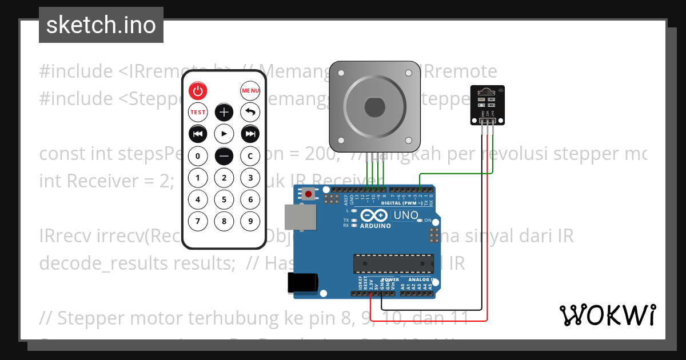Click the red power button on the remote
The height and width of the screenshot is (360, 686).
tap(198, 90)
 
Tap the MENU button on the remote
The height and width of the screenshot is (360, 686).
tap(250, 90)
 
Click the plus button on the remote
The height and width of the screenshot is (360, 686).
tap(224, 112)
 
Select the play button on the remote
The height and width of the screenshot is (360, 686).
tap(224, 134)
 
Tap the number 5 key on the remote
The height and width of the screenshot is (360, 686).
tap(224, 199)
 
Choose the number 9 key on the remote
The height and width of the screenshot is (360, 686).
tap(250, 221)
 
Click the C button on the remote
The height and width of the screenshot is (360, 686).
tap(250, 155)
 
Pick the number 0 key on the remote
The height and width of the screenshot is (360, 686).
tap(198, 155)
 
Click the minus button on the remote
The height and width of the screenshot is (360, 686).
tap(224, 155)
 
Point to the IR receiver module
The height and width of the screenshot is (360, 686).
tap(488, 105)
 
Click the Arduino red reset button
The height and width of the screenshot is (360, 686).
tap(309, 194)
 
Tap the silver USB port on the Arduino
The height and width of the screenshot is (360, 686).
tap(301, 219)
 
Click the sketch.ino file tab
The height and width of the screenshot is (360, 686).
tap(101, 25)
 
